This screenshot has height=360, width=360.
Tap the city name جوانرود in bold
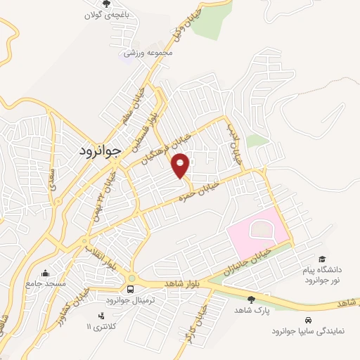coord(98,150)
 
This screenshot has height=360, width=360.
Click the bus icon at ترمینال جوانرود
coord(131,289)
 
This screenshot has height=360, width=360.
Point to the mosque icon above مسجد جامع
coord(46,274)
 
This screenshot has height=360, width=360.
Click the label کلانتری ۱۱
coord(98,327)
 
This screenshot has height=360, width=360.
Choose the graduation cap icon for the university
coord(322,259)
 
